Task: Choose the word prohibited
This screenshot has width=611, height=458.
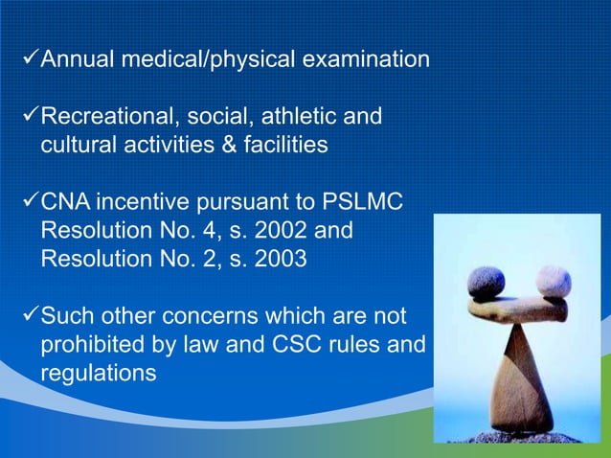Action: pos(90,344)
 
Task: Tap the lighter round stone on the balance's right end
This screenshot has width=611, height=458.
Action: pos(554,281)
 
